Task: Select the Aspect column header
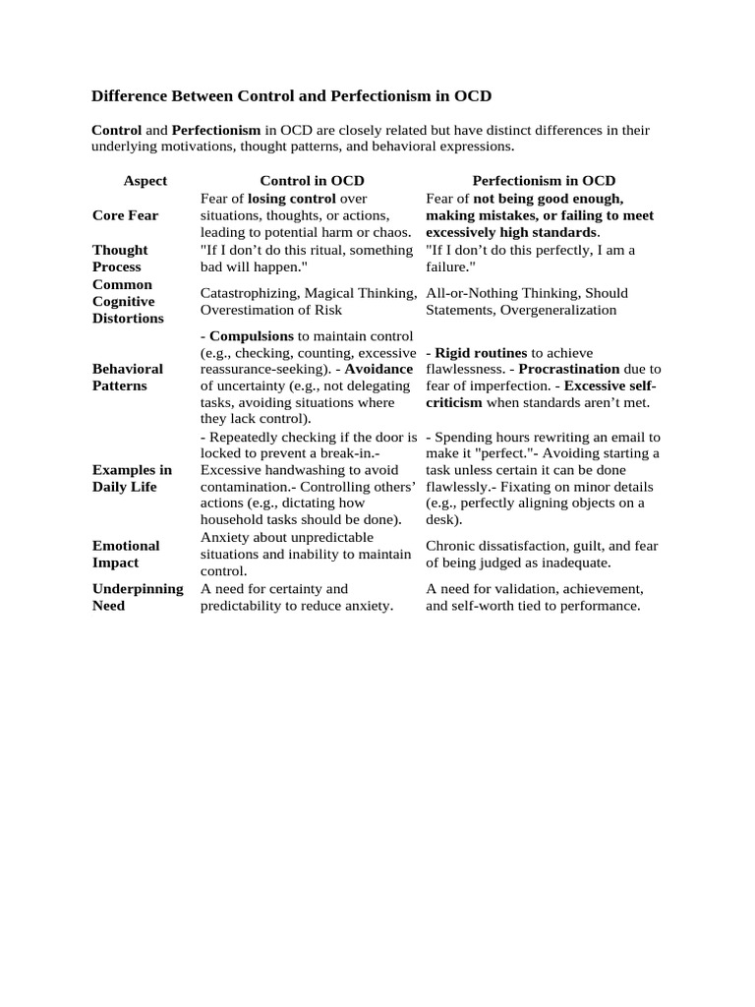click(x=145, y=181)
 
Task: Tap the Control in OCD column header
click(x=311, y=181)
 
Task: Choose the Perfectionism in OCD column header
click(x=544, y=181)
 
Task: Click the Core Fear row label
click(x=125, y=215)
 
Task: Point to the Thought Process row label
click(x=120, y=259)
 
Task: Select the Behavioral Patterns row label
click(x=128, y=378)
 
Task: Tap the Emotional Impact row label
click(x=126, y=554)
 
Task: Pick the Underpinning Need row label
click(x=138, y=597)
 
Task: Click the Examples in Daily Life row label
click(x=132, y=478)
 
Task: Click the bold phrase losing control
click(x=293, y=199)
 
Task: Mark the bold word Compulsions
click(x=252, y=336)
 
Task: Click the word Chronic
click(x=451, y=546)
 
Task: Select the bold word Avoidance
click(x=378, y=369)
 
